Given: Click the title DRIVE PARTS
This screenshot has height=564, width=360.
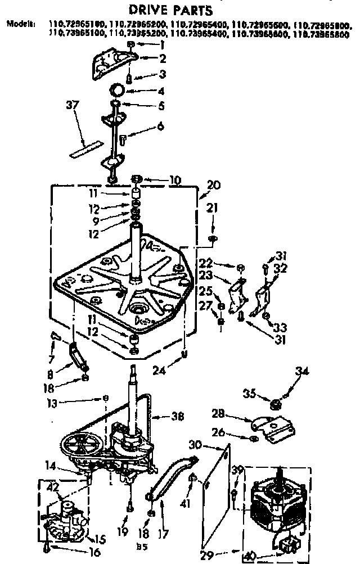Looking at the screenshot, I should [x=164, y=10].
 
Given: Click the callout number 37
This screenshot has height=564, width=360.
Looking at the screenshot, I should [x=73, y=105].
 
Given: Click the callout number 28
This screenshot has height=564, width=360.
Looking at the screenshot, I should [x=219, y=414].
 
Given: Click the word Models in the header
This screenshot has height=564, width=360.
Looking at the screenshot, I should [x=21, y=24].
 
